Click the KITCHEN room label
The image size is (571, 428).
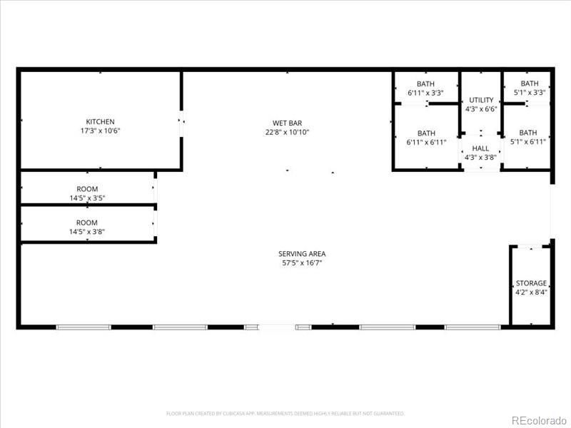coord(100,122)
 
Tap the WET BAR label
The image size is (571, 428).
coord(287,123)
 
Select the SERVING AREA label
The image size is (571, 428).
coord(302,254)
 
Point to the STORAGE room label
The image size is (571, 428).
coord(531,283)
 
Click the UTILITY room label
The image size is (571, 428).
coord(480,100)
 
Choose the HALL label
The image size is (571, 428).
coord(480,148)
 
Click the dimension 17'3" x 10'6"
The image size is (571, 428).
coord(100,131)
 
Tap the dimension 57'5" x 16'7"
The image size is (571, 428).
coord(302,263)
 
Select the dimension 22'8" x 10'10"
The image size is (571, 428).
coord(287,132)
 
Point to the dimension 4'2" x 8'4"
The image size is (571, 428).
coord(531,292)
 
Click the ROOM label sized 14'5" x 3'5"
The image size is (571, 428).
coord(87,189)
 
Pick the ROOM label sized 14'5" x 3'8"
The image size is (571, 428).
coord(87,223)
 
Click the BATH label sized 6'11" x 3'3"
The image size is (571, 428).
coord(426,83)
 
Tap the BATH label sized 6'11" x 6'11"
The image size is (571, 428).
coord(426,133)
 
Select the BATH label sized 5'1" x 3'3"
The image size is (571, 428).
coord(530,83)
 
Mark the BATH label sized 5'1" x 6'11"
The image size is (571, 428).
coord(528,133)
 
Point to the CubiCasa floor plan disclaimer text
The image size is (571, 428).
coord(285,413)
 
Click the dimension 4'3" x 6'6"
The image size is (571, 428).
coord(480,109)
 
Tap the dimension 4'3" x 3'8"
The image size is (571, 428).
coord(480,158)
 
